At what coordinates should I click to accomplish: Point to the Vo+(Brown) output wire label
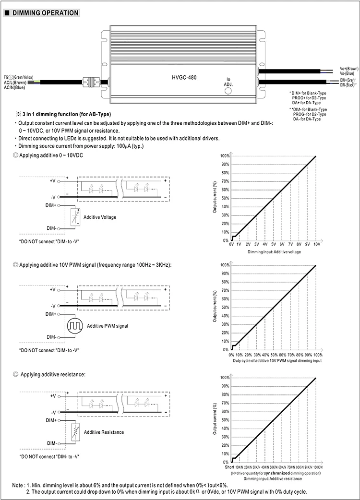[349, 69]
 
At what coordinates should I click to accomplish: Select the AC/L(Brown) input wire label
[15, 82]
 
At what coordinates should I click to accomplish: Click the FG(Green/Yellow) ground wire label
[19, 77]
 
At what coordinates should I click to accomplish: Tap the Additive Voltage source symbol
[74, 217]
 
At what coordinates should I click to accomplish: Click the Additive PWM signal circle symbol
[75, 325]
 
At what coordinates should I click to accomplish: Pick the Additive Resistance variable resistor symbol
[74, 432]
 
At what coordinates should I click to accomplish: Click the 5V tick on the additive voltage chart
[273, 244]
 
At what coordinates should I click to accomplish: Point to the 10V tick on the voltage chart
[316, 244]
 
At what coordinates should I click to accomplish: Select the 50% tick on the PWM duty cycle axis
[273, 355]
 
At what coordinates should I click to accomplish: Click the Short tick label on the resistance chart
[229, 467]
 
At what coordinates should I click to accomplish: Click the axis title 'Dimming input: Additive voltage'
[274, 252]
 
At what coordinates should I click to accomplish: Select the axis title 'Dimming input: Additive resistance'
[273, 478]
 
